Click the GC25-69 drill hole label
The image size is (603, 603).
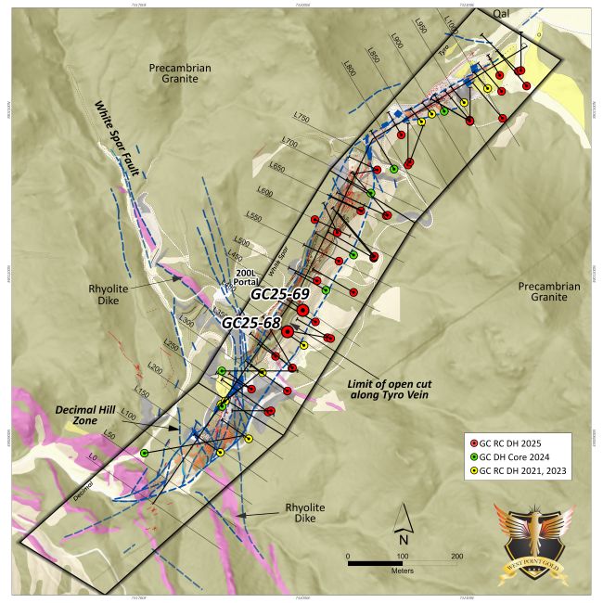[x=279, y=294]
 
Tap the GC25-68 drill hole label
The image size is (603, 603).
[x=250, y=323]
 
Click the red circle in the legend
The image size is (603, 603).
[x=474, y=443]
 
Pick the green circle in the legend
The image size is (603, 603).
[x=474, y=456]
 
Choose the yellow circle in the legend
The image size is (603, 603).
[x=474, y=471]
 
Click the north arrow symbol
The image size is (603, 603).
[x=403, y=523]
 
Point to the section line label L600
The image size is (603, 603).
[x=265, y=192]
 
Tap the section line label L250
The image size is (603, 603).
[x=170, y=345]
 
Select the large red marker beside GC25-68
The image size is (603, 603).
[x=288, y=331]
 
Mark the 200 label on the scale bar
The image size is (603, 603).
[x=456, y=557]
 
